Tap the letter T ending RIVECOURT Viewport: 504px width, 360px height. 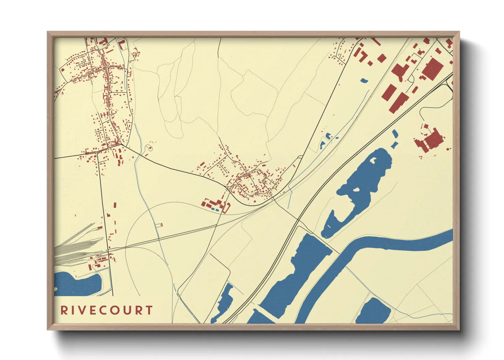(x=149, y=310)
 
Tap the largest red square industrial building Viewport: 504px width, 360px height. (x=432, y=69)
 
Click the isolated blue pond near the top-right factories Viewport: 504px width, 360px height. (x=364, y=81)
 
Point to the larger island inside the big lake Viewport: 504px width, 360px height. (x=374, y=159)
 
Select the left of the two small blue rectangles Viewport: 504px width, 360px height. (x=213, y=209)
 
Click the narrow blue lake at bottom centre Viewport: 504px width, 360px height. (x=223, y=303)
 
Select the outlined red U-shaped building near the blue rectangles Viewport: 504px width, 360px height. (x=226, y=208)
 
